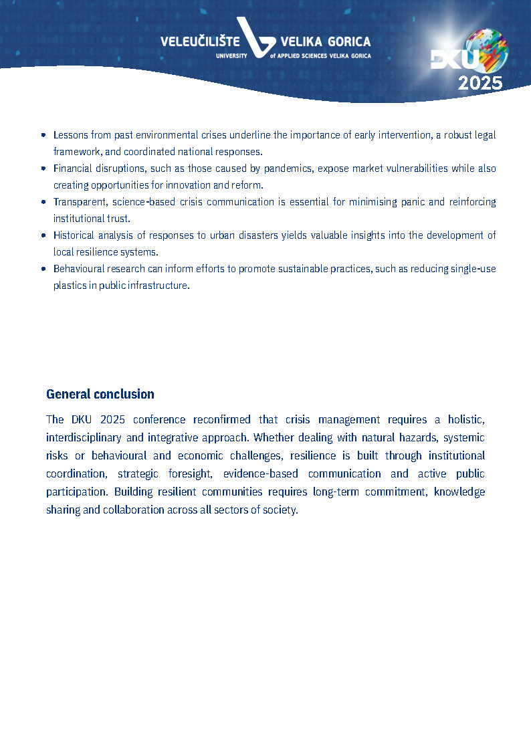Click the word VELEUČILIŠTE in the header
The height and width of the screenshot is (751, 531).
coord(197,42)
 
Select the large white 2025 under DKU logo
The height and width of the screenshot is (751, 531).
coord(480,83)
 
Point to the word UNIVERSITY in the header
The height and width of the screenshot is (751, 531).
coord(231,56)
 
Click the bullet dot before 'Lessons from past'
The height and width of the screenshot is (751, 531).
coord(43,135)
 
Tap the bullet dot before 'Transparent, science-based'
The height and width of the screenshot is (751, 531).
coord(43,202)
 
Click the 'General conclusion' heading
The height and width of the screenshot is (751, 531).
coord(100,394)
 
